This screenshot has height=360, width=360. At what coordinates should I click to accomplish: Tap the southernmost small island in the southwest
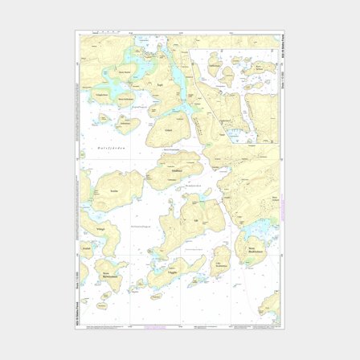point(104,305)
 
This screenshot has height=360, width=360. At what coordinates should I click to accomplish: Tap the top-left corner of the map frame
point(79,34)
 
